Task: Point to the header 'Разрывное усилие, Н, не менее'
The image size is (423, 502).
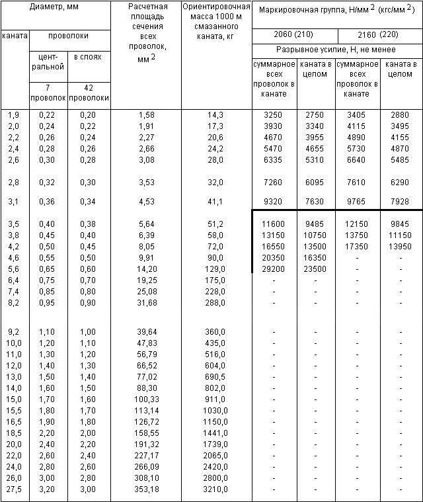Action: [x=337, y=50]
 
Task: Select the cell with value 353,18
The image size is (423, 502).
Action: [x=147, y=489]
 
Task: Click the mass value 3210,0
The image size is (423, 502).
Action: [x=215, y=489]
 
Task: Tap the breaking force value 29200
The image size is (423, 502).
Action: [x=274, y=269]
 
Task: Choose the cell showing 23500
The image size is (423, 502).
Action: [x=316, y=269]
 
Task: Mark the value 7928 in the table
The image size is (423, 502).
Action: [x=401, y=202]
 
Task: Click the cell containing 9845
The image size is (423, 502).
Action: [x=401, y=224]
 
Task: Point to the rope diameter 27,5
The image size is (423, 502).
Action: [x=14, y=489]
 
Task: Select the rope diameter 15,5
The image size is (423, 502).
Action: [x=14, y=410]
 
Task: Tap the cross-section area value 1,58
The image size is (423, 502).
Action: [x=147, y=115]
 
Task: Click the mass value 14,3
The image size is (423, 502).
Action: [x=215, y=115]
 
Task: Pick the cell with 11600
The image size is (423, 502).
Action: [x=274, y=224]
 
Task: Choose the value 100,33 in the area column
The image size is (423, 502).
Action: [x=147, y=399]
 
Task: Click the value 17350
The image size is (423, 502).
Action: [x=358, y=247]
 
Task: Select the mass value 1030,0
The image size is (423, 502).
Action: [x=215, y=410]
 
